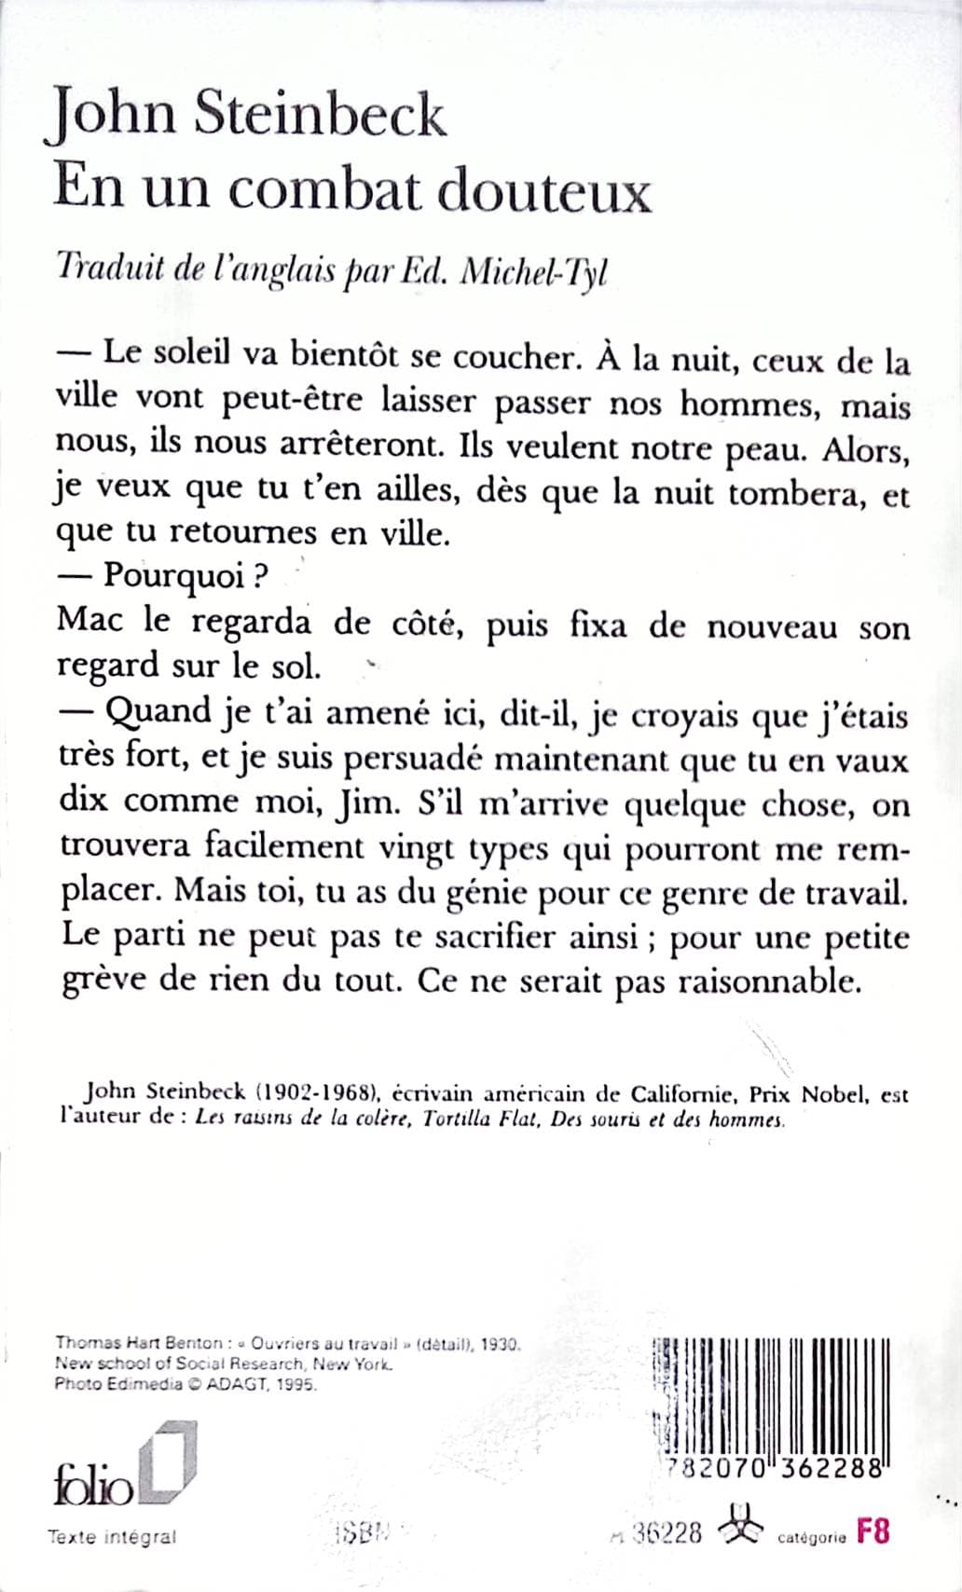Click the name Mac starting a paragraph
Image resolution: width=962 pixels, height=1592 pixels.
(x=89, y=621)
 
